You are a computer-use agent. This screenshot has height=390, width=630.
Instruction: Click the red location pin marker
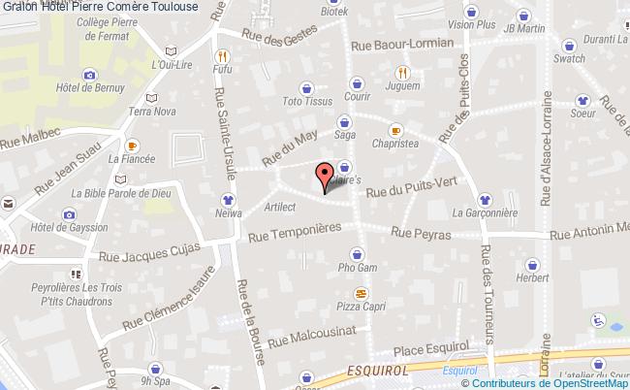point(323,177)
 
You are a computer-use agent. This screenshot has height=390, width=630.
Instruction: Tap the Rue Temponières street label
point(299,234)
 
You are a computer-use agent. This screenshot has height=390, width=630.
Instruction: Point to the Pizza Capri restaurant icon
point(361,292)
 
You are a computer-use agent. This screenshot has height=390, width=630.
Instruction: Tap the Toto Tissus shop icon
point(306,86)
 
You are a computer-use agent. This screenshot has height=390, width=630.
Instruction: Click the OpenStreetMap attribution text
point(554,383)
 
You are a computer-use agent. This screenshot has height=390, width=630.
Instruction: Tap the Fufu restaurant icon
point(223,55)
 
